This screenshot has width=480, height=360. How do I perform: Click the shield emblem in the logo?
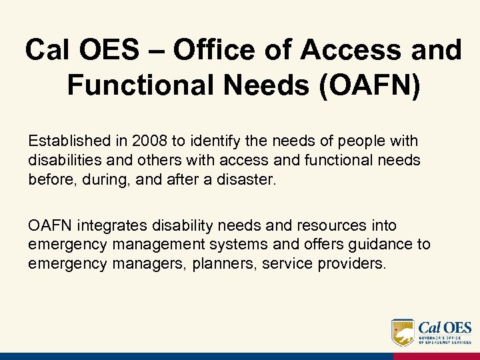pyautogui.click(x=403, y=332)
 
